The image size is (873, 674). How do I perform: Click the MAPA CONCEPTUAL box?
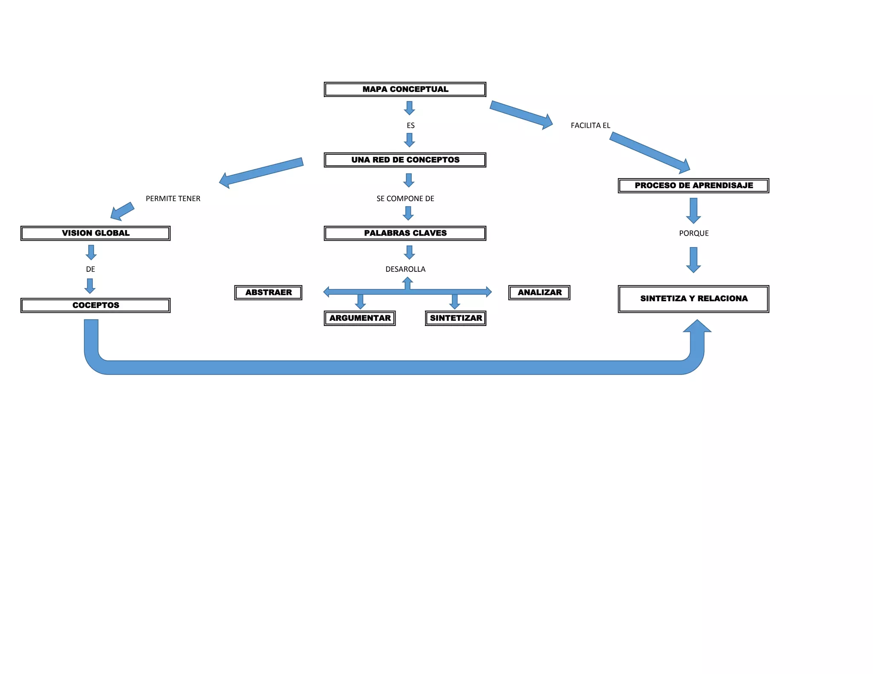pos(405,89)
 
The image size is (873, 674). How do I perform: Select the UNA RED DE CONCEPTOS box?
pos(405,160)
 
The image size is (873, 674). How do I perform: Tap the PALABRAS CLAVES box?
pos(405,233)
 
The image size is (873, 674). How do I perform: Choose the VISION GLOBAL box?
pos(95,233)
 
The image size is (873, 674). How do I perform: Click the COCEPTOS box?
pos(95,305)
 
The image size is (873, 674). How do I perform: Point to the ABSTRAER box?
pos(269,293)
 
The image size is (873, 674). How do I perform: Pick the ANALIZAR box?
pos(539,293)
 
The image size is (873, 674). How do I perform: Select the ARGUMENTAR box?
pos(360,318)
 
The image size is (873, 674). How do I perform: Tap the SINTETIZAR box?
pos(456,318)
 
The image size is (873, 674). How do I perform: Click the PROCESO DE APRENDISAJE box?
pos(694,186)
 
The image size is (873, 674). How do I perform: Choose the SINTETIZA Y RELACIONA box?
pos(694,299)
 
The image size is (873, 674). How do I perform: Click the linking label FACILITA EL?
pos(590,126)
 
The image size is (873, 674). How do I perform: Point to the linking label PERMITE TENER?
pos(173,199)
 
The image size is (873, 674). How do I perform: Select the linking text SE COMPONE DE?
pos(405,199)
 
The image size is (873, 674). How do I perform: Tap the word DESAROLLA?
pos(405,269)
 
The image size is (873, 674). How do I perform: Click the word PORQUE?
pos(694,233)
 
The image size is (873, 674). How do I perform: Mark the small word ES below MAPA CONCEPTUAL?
pos(410,126)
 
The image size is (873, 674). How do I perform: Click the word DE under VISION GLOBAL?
pos(90,269)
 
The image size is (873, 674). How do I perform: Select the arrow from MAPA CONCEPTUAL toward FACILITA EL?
pos(521,115)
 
